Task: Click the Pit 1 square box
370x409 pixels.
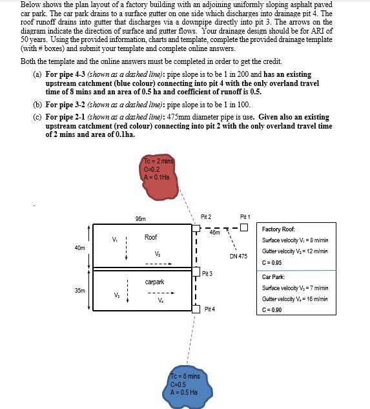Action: pyautogui.click(x=244, y=227)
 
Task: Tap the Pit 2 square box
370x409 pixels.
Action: pyautogui.click(x=196, y=228)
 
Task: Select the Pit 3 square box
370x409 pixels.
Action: pyautogui.click(x=196, y=271)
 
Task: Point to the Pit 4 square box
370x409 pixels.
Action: pyautogui.click(x=196, y=309)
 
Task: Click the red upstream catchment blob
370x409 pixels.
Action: pyautogui.click(x=159, y=178)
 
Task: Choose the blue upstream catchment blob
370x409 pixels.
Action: pyautogui.click(x=187, y=389)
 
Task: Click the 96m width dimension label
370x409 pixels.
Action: pyautogui.click(x=141, y=219)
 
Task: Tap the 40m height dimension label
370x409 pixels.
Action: pyautogui.click(x=80, y=248)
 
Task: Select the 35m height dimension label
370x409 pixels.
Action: pyautogui.click(x=80, y=290)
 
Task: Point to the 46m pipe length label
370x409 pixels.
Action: pyautogui.click(x=215, y=232)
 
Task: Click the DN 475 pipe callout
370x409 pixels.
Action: pyautogui.click(x=238, y=256)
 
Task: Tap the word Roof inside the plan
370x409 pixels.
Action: pyautogui.click(x=150, y=237)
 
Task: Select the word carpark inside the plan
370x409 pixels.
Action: pyautogui.click(x=154, y=282)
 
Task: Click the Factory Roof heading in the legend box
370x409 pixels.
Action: pyautogui.click(x=278, y=229)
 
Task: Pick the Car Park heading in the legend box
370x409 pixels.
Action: pyautogui.click(x=273, y=277)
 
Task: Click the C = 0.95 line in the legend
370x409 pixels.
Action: pyautogui.click(x=272, y=262)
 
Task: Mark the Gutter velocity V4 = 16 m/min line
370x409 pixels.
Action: pyautogui.click(x=295, y=299)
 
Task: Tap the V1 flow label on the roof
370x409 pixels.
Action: pyautogui.click(x=115, y=239)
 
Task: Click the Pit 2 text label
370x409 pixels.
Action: pyautogui.click(x=206, y=216)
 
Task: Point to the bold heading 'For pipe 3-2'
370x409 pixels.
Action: pyautogui.click(x=65, y=105)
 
